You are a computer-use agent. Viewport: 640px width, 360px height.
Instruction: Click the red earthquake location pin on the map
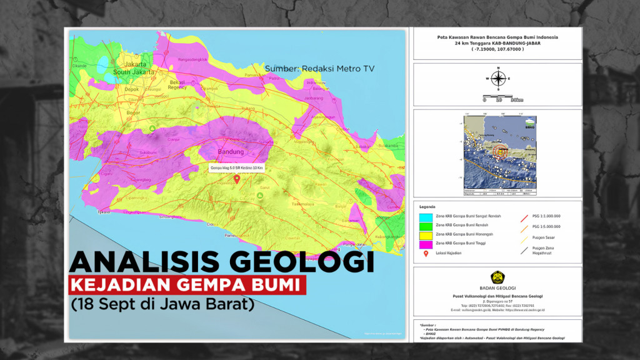237,179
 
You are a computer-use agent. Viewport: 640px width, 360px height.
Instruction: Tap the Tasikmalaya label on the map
306,204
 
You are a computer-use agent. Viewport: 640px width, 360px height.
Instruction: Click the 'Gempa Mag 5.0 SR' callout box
237,168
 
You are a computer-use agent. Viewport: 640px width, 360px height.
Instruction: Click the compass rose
498,79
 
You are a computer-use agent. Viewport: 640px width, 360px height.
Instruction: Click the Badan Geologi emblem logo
497,277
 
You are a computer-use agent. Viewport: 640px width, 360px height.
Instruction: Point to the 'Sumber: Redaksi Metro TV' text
319,68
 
